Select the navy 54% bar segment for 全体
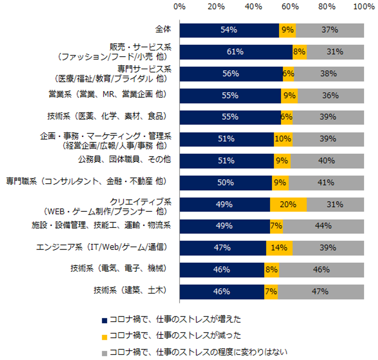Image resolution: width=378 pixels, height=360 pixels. point(229,30)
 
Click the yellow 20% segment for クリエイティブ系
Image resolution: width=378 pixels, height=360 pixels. point(288,204)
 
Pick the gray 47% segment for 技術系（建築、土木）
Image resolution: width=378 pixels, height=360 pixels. point(321,292)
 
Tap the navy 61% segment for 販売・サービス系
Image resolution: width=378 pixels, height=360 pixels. point(236,52)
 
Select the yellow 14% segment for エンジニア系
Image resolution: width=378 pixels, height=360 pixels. point(279,248)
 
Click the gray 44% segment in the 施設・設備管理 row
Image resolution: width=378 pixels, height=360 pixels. point(324,226)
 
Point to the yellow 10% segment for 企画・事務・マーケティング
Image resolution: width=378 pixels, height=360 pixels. point(283,139)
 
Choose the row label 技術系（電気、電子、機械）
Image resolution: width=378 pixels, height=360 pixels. point(120,269)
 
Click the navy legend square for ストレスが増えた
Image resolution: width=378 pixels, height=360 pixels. point(104,320)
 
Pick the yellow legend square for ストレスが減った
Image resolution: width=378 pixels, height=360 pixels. point(104,336)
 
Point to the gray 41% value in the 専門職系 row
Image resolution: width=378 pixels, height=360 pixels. point(326,182)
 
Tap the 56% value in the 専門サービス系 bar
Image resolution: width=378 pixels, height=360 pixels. point(230,74)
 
